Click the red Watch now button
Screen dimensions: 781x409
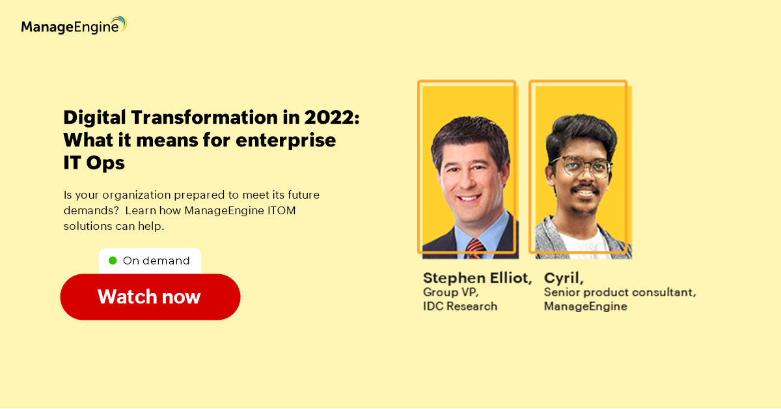tap(150, 296)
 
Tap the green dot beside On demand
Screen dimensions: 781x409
tap(113, 261)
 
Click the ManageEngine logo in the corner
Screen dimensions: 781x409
tap(74, 25)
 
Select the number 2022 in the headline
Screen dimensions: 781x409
tap(329, 117)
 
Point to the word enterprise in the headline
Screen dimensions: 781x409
tap(286, 141)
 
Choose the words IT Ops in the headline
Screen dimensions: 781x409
tap(94, 163)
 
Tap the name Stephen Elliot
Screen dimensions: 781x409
tap(477, 278)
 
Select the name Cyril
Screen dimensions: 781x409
tap(564, 279)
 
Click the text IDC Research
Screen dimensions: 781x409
tap(460, 306)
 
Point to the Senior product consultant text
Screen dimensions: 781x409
tap(620, 292)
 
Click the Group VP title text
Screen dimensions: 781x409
tap(450, 292)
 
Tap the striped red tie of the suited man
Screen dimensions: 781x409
tap(474, 249)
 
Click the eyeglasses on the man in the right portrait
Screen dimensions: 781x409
tap(581, 167)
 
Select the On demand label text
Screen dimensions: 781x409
tap(156, 261)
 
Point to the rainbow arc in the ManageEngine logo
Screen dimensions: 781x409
tap(119, 23)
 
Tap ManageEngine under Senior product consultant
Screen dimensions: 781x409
tap(585, 306)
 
